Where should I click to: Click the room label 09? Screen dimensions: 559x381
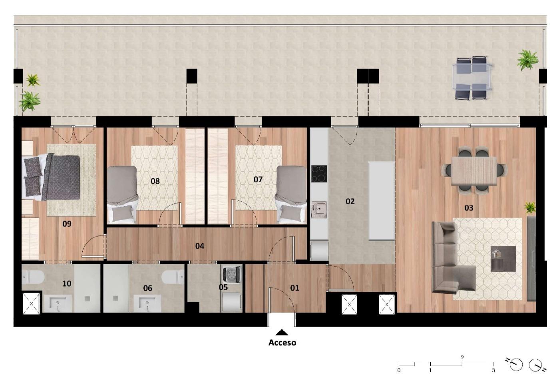pos(67,224)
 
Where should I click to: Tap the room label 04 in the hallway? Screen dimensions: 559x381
pos(200,246)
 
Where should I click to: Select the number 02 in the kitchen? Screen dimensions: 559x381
pos(350,201)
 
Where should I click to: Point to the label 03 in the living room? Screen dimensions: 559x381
pos(469,208)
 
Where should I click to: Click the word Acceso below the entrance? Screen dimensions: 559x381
pos(282,343)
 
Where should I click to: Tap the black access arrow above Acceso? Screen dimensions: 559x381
pos(282,332)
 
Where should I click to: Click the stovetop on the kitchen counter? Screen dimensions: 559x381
pos(319,174)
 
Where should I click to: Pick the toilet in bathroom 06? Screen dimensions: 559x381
pos(173,277)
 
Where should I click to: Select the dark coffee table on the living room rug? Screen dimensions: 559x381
pos(503,259)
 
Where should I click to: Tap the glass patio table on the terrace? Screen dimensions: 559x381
pos(473,77)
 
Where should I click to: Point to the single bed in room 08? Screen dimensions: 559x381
pos(122,194)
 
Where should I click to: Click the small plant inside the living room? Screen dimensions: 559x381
pos(530,208)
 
